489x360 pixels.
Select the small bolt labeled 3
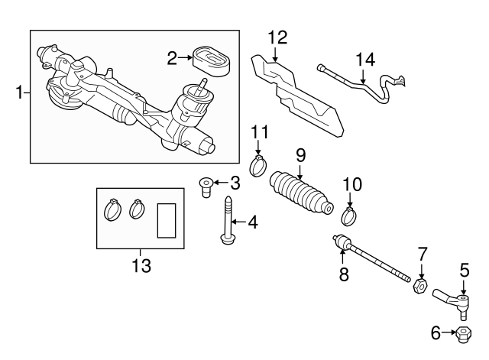point(204,185)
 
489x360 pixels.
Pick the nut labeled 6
point(462,333)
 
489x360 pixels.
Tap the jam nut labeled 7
point(419,287)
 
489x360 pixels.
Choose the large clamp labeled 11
point(259,164)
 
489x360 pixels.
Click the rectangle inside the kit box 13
point(167,221)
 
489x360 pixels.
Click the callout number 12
point(277,37)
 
